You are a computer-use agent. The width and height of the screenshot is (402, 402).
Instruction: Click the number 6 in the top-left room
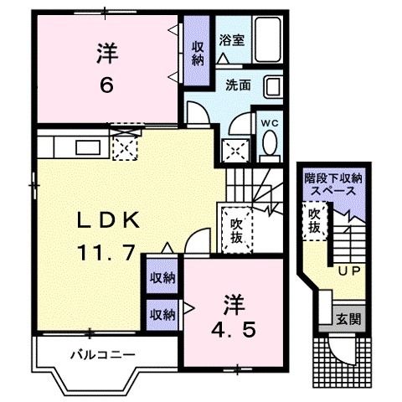(x=106, y=84)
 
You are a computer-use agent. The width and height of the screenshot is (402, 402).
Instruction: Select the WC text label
(x=268, y=122)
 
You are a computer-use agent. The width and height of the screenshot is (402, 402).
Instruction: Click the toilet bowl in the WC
(x=268, y=147)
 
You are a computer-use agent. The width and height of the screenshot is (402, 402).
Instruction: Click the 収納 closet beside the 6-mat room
(x=197, y=52)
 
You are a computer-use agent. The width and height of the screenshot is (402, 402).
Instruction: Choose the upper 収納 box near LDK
(x=162, y=277)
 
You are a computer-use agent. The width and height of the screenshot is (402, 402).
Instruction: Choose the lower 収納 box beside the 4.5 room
(x=162, y=314)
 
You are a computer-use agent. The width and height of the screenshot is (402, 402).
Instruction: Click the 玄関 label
(x=348, y=319)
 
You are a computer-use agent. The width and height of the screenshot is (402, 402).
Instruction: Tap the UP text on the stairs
(x=348, y=271)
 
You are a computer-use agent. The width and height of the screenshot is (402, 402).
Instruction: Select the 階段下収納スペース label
(x=332, y=183)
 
